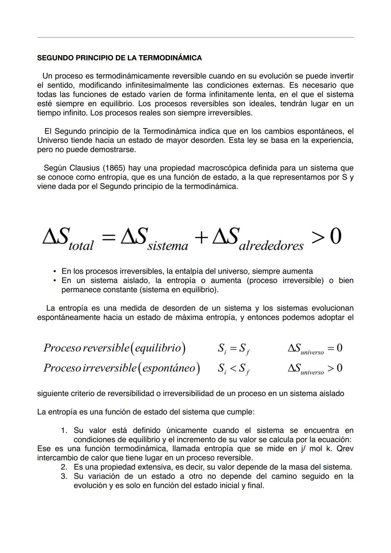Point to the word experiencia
(x=327, y=140)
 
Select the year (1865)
(x=114, y=168)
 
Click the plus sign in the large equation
(x=201, y=238)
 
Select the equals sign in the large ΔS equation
(x=108, y=238)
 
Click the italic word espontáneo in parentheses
(x=169, y=368)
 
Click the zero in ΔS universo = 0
(x=339, y=348)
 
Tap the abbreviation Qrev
(x=345, y=449)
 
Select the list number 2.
(x=64, y=467)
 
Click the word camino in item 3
(x=283, y=476)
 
